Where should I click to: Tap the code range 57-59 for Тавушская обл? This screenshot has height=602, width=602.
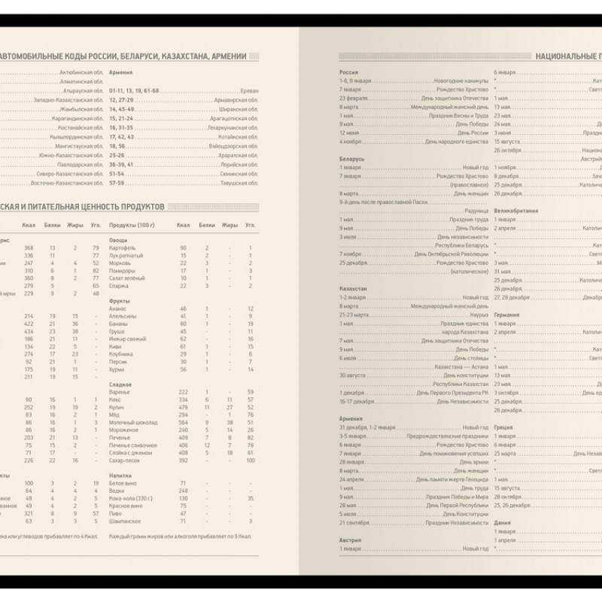pos(116,182)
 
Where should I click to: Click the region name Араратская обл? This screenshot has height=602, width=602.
pos(233,155)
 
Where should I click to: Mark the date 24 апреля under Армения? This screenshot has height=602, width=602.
pos(352,479)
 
